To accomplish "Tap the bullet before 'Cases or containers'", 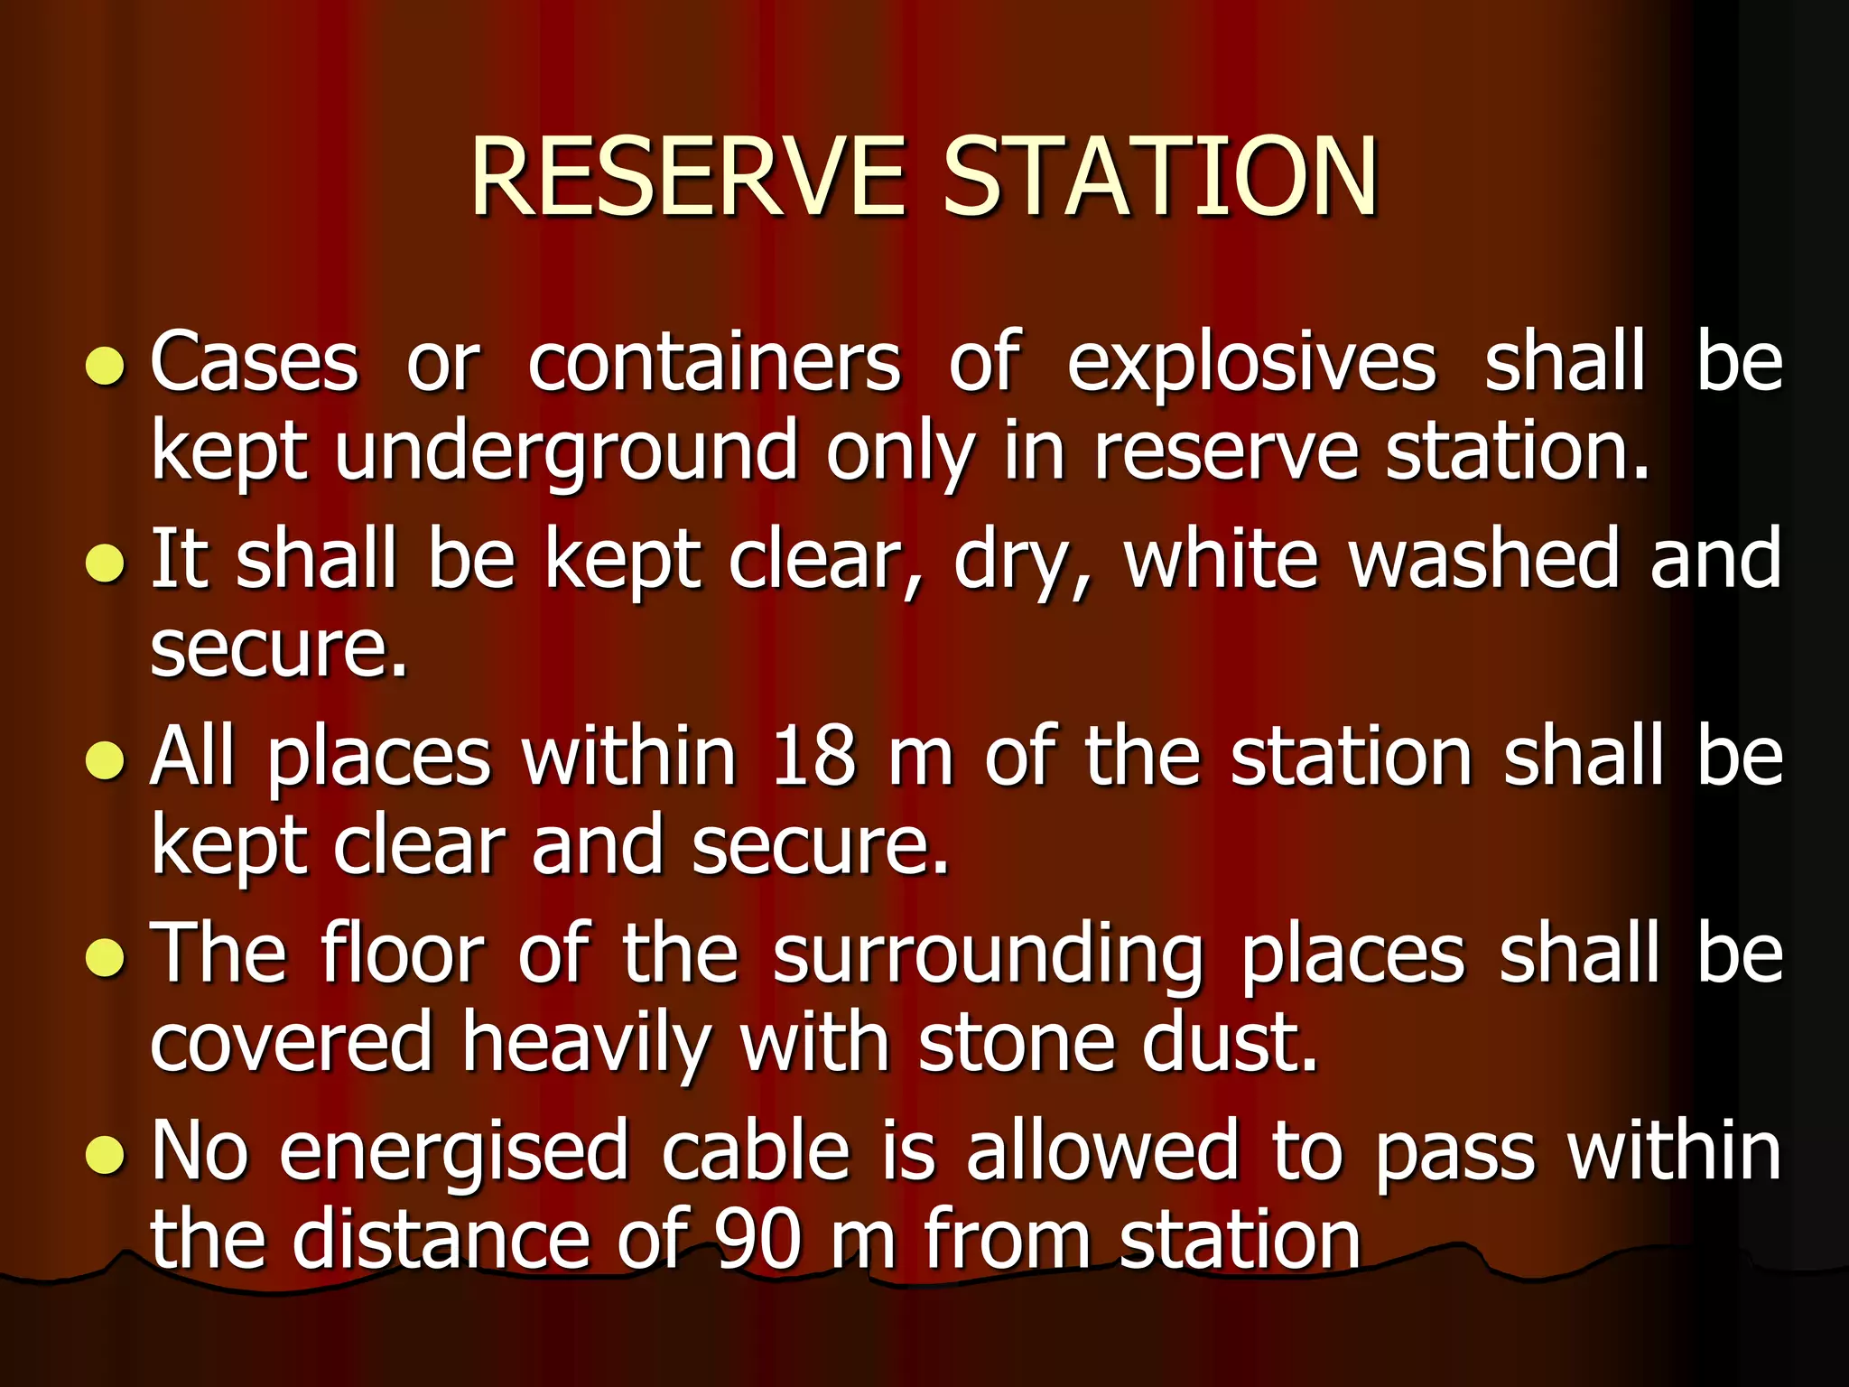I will click(x=105, y=367).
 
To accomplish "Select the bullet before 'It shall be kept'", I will click(x=105, y=563).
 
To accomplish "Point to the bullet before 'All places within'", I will click(x=105, y=760).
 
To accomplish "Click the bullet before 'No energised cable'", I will click(x=105, y=1154).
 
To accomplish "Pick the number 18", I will click(x=813, y=757).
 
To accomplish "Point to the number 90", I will click(x=757, y=1240).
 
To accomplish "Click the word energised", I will click(x=453, y=1154).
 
